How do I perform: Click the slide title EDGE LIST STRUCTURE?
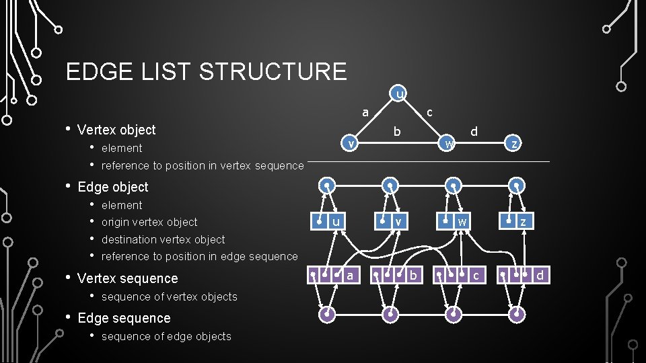[x=206, y=71]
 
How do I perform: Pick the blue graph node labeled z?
[x=514, y=143]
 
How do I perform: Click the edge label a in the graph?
[x=365, y=112]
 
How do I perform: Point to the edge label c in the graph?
[x=429, y=112]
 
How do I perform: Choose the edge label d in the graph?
[x=474, y=131]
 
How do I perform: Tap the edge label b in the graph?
[x=397, y=132]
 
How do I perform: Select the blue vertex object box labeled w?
[x=454, y=221]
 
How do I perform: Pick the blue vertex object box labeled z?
[x=516, y=221]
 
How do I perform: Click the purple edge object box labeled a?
[x=332, y=274]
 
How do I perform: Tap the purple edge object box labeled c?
[x=460, y=274]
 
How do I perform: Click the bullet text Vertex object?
[x=116, y=130]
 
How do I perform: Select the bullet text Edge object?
[x=113, y=187]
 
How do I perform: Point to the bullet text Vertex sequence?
[x=128, y=278]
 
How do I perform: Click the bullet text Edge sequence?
[x=124, y=318]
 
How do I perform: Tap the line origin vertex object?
[x=149, y=222]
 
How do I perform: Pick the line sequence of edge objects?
[x=166, y=336]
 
